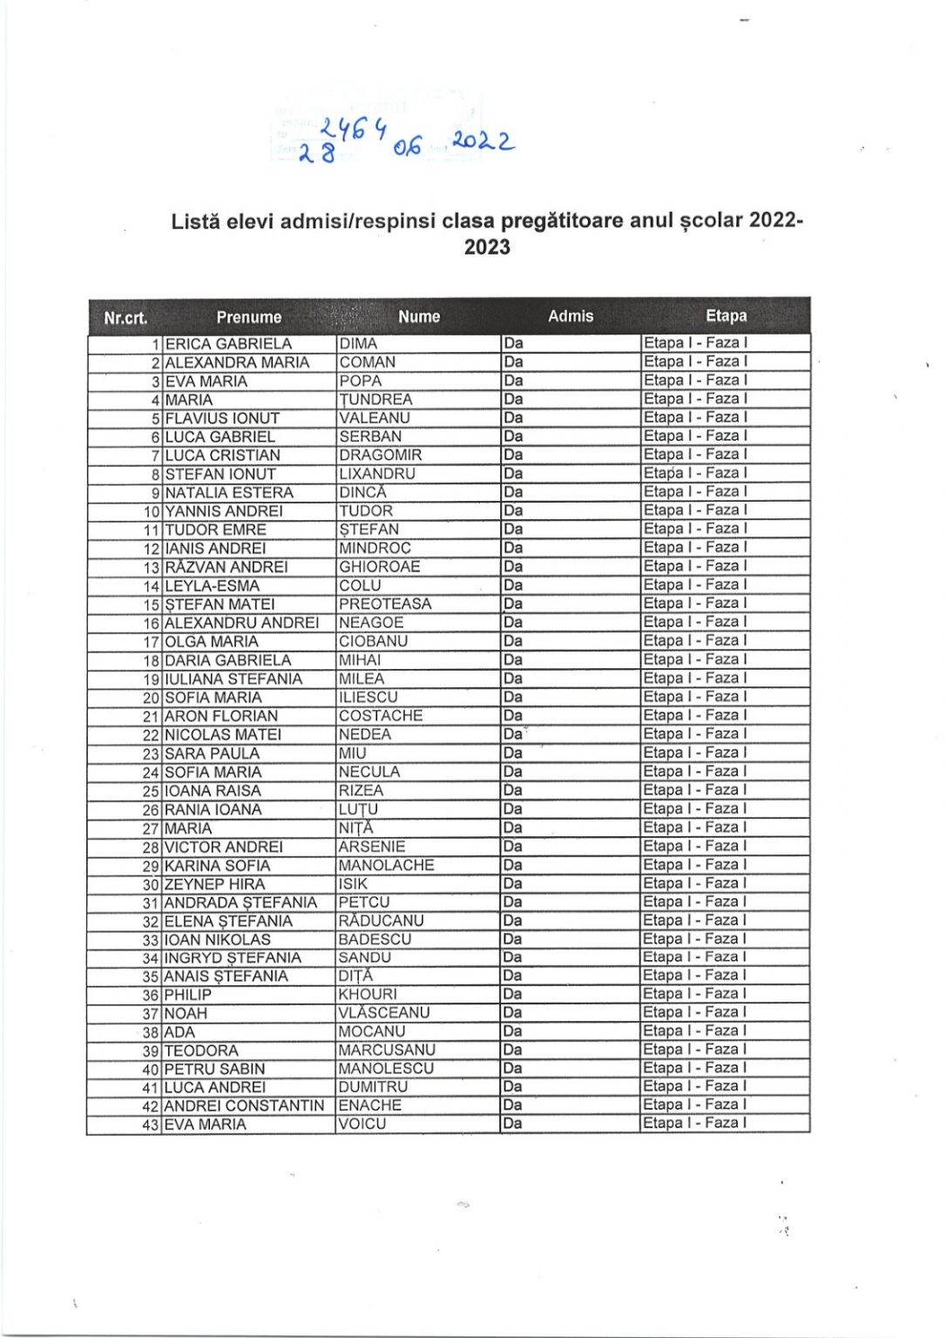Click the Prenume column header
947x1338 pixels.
pyautogui.click(x=248, y=317)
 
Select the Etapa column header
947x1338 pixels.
pyautogui.click(x=726, y=315)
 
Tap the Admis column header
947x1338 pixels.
pyautogui.click(x=571, y=316)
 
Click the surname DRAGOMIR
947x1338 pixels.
pyautogui.click(x=380, y=455)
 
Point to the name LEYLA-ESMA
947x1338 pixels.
pyautogui.click(x=212, y=585)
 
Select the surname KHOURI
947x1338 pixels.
pyautogui.click(x=368, y=994)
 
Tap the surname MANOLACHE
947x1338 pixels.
pyautogui.click(x=386, y=865)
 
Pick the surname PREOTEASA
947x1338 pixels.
pyautogui.click(x=385, y=604)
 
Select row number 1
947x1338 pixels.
pyautogui.click(x=157, y=344)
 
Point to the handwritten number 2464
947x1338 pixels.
pyautogui.click(x=353, y=131)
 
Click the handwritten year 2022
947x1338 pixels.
pyautogui.click(x=482, y=142)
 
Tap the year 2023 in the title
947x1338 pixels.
pyautogui.click(x=487, y=247)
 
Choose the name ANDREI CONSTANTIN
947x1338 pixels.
pyautogui.click(x=244, y=1105)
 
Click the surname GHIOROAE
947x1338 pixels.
pyautogui.click(x=379, y=566)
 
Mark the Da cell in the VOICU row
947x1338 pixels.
pyautogui.click(x=513, y=1124)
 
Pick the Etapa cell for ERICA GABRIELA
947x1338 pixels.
pyautogui.click(x=694, y=342)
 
